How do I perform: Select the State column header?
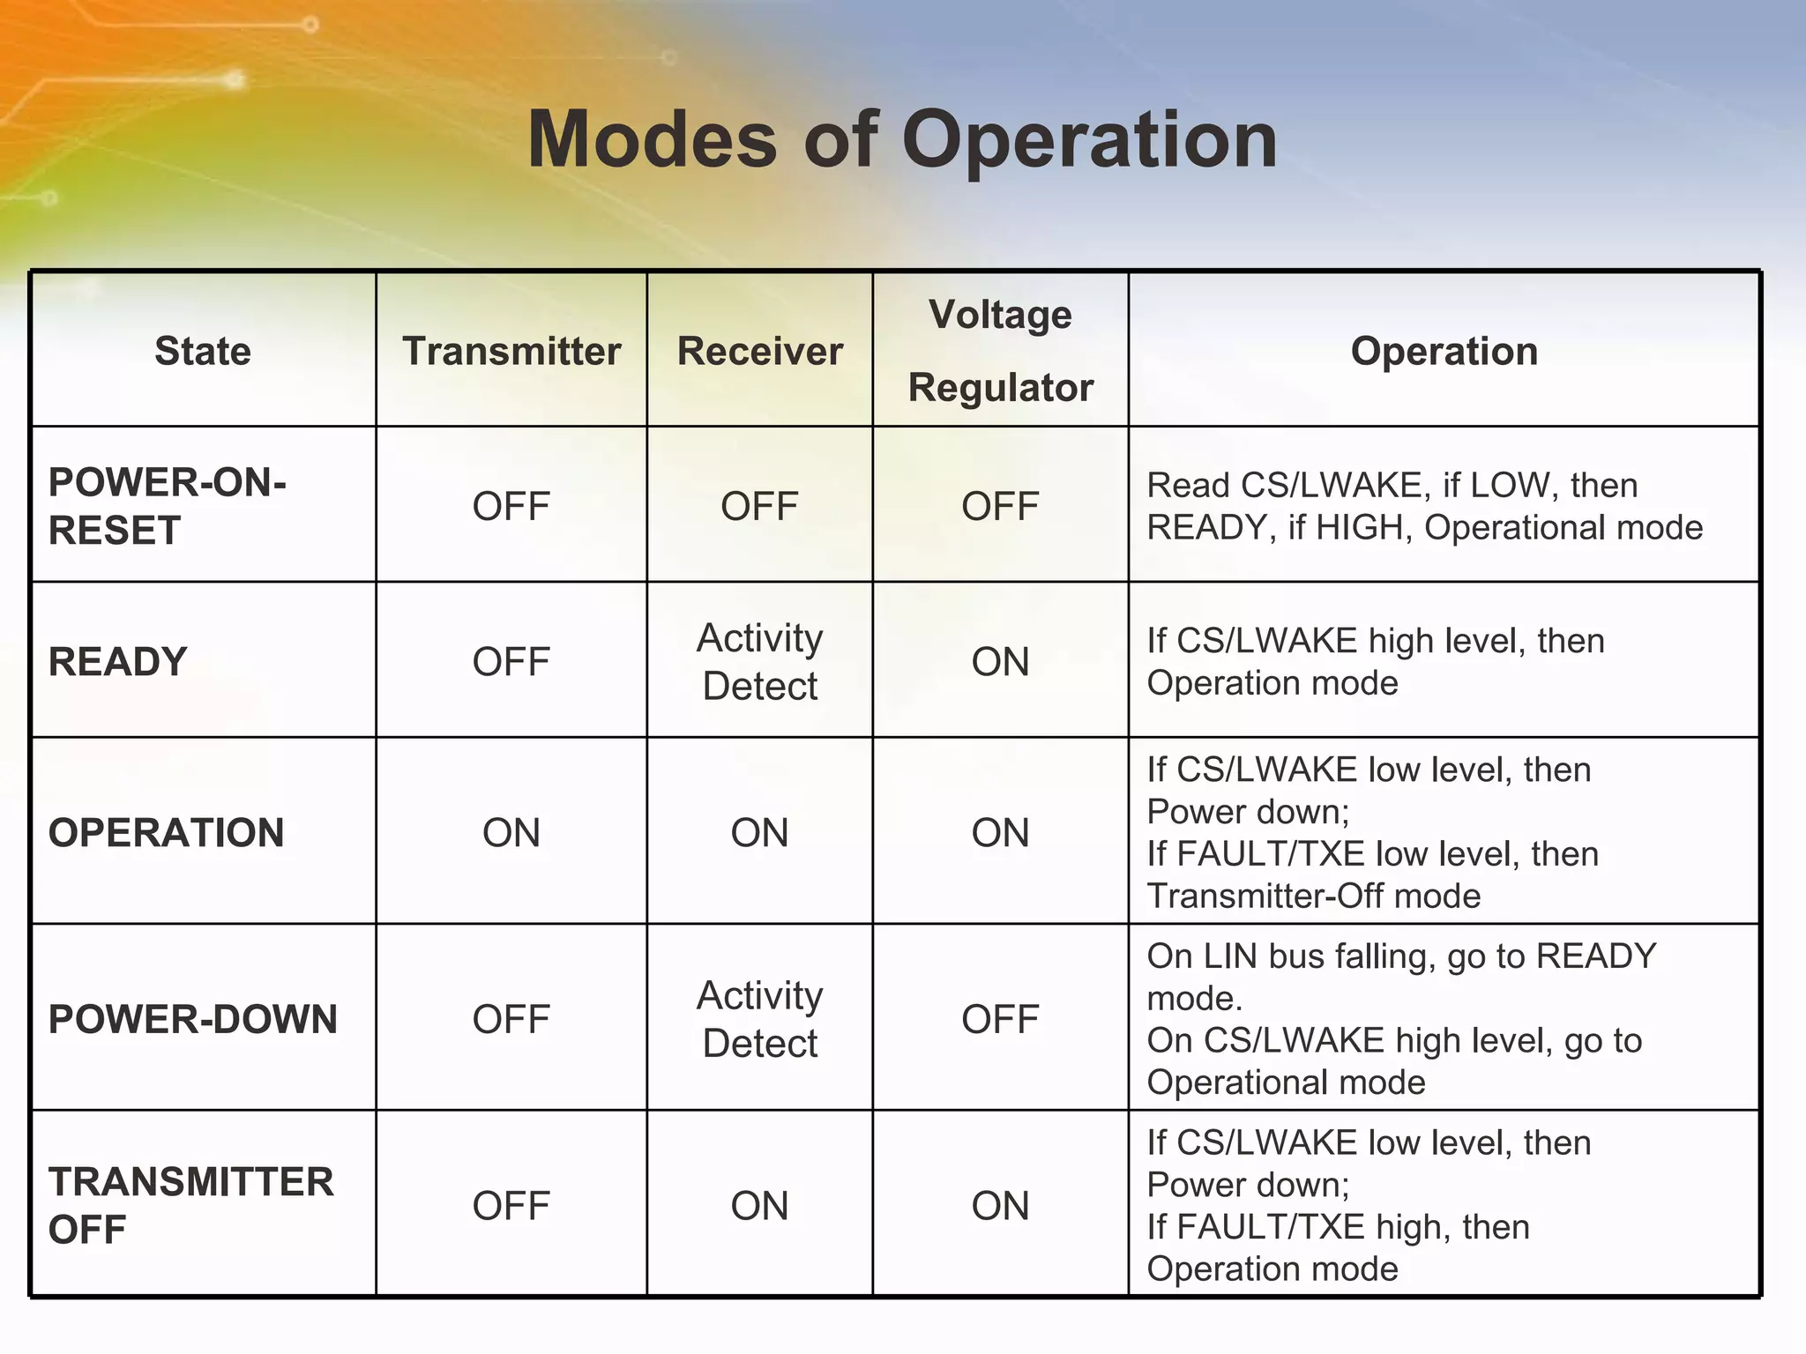click(x=203, y=351)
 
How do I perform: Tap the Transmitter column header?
click(x=511, y=351)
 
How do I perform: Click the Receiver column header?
click(x=759, y=351)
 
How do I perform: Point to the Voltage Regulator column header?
click(x=1000, y=351)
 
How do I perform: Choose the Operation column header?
click(x=1444, y=351)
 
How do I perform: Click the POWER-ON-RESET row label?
click(x=167, y=506)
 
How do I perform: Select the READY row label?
click(x=117, y=661)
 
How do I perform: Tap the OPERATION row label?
click(x=166, y=832)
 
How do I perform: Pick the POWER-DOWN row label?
click(x=192, y=1019)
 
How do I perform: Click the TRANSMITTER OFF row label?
click(x=190, y=1205)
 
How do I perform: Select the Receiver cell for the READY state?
click(x=759, y=661)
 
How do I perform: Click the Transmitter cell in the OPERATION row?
click(x=511, y=832)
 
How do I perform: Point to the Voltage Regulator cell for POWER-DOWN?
click(x=1000, y=1019)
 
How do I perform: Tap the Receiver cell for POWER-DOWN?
click(x=759, y=1019)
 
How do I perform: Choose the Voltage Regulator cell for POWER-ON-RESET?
click(x=1000, y=506)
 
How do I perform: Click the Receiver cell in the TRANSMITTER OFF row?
click(x=759, y=1205)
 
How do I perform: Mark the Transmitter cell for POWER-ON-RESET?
click(x=511, y=506)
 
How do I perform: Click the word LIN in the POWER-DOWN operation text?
click(x=1231, y=956)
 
